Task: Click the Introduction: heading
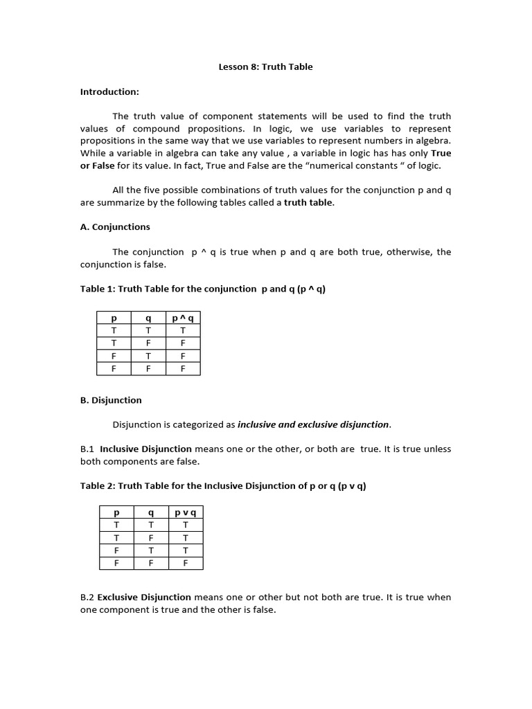tap(109, 91)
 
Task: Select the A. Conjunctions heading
tap(115, 227)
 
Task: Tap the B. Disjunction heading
tap(111, 400)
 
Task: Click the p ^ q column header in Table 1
tap(183, 318)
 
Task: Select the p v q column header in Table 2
tap(185, 513)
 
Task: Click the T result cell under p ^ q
tap(183, 331)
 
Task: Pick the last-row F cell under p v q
tap(185, 563)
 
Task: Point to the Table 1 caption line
tap(202, 289)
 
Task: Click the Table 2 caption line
tap(223, 486)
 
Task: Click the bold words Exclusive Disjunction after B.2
tap(144, 597)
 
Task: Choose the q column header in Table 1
tap(148, 318)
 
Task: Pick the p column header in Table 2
tap(116, 513)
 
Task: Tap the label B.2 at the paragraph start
tap(87, 597)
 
